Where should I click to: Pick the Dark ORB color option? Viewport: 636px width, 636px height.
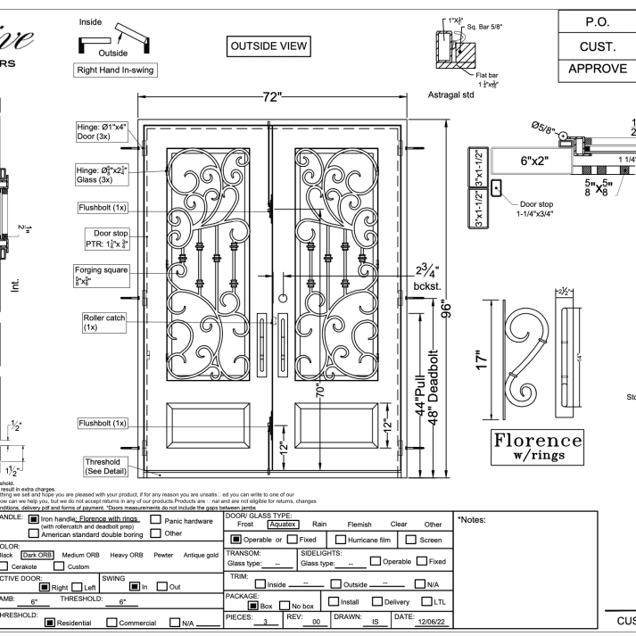click(43, 554)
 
